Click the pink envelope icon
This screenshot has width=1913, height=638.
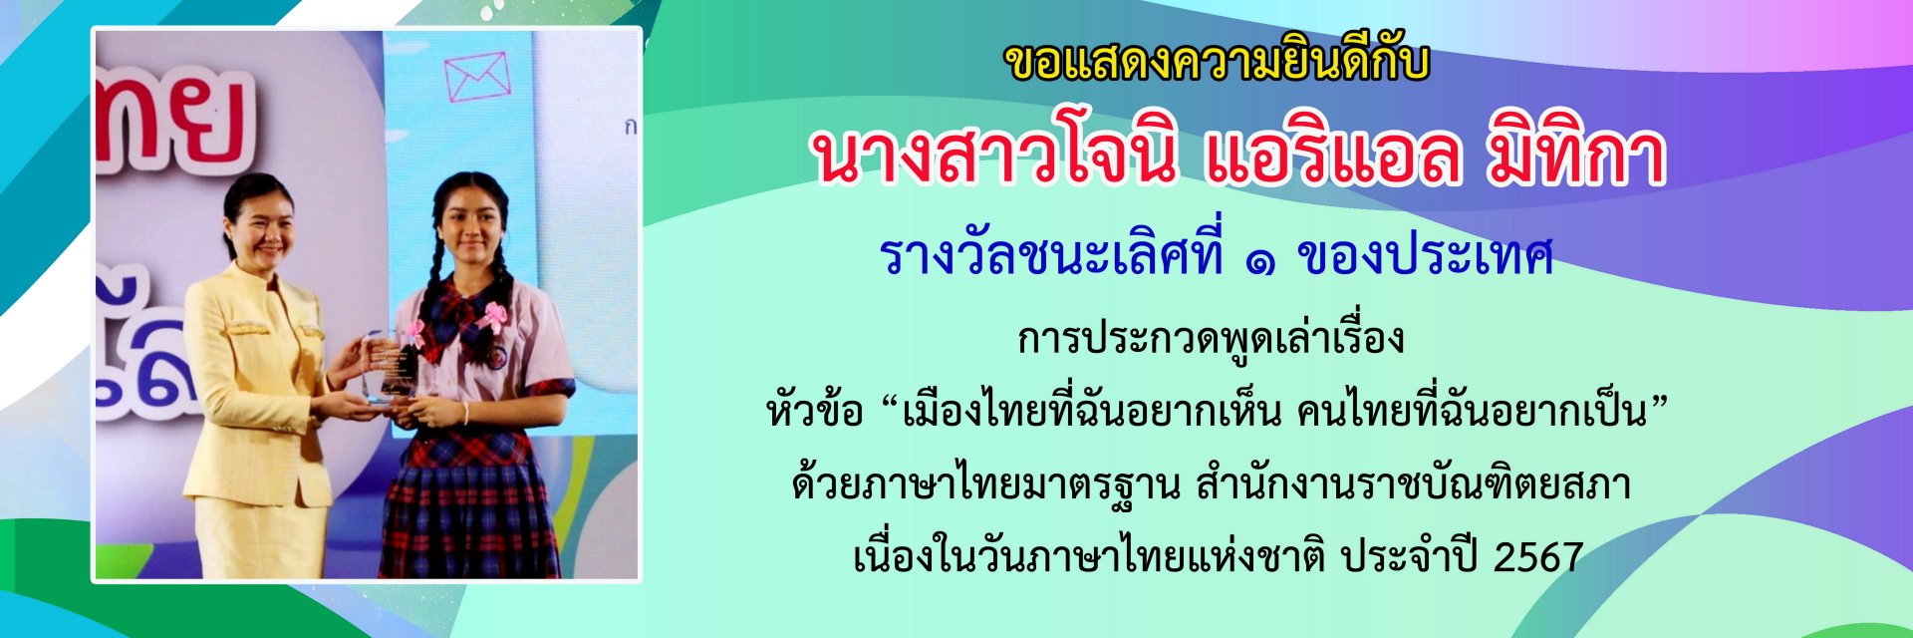(477, 77)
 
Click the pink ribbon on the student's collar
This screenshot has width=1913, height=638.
(493, 318)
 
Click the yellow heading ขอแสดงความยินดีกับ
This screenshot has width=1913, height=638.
(1217, 62)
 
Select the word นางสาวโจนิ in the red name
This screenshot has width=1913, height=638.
(992, 157)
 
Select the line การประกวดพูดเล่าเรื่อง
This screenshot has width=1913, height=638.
(1211, 338)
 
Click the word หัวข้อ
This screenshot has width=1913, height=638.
(814, 409)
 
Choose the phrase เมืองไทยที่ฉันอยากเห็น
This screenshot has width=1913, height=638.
(1091, 410)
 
